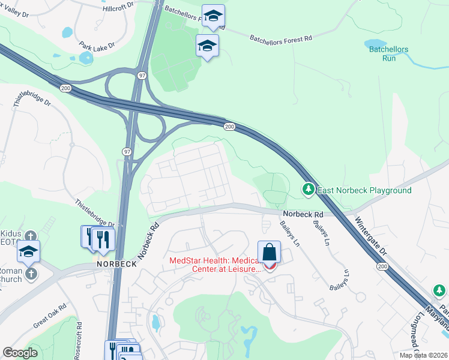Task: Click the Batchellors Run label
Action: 388,53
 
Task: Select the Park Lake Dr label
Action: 96,45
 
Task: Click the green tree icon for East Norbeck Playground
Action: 309,190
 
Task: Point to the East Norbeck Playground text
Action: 364,191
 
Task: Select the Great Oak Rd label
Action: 49,318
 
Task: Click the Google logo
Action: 20,353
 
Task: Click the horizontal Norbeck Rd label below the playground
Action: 303,214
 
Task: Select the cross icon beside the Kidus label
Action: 32,235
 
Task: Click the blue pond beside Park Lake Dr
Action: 86,58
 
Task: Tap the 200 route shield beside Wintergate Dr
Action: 382,266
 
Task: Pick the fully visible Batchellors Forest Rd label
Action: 281,38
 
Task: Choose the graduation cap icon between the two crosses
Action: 28,252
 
